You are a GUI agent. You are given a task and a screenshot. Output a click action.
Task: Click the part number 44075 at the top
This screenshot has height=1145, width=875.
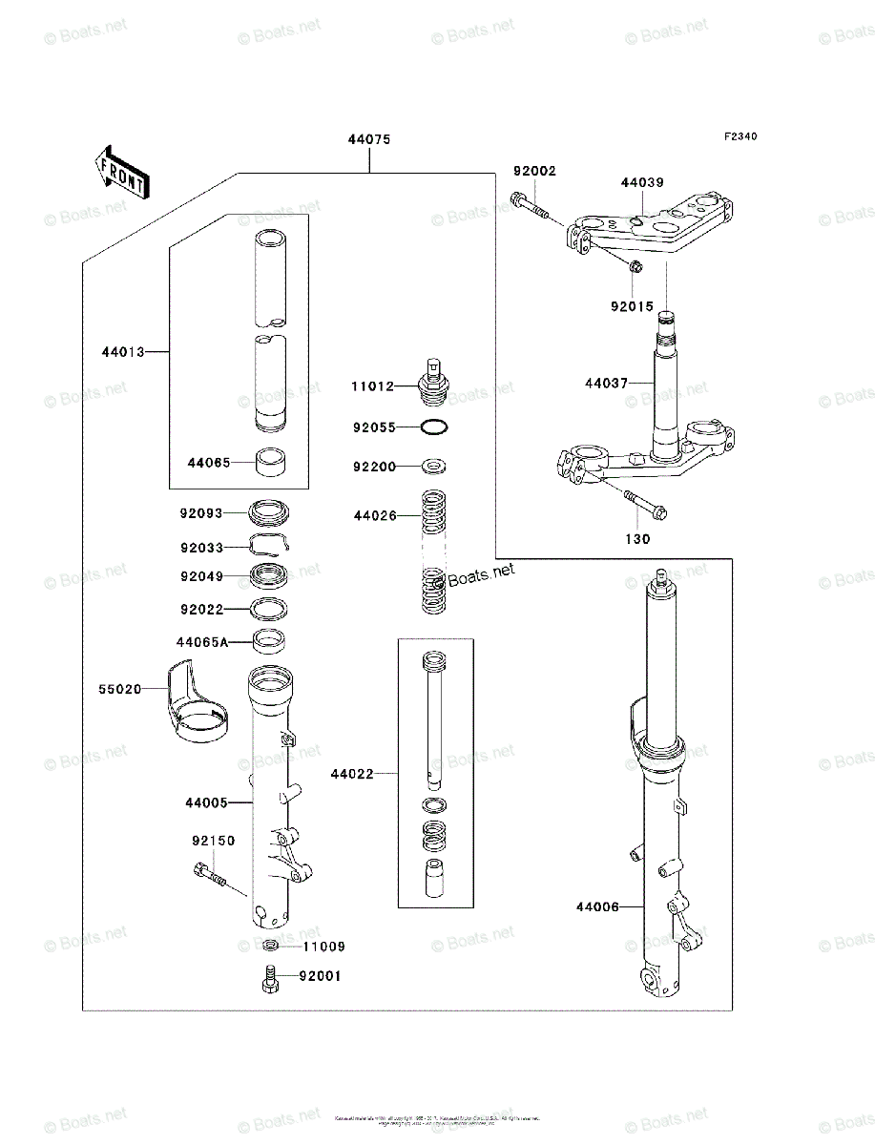coord(368,139)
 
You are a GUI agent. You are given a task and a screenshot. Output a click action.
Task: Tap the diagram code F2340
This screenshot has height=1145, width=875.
coord(740,137)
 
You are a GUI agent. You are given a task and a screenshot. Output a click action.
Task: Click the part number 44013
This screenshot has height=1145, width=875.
coord(123,352)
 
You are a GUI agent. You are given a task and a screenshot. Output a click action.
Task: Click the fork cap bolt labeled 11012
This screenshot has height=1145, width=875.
coord(434,382)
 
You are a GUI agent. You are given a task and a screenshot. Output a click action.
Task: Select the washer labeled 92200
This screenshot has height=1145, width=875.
coord(434,467)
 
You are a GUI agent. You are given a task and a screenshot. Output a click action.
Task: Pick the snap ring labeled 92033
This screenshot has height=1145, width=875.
coord(271,545)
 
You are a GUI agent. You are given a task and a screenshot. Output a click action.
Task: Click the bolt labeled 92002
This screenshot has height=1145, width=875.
coord(531,205)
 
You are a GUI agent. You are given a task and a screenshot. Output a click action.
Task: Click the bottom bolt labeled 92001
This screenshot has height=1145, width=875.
coord(268,979)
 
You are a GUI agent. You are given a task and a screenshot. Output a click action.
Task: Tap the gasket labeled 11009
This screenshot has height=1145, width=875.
coord(271,946)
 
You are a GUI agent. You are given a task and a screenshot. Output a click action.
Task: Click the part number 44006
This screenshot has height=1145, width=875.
coord(597,906)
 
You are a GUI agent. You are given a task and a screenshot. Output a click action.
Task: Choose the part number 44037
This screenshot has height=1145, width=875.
coord(607,384)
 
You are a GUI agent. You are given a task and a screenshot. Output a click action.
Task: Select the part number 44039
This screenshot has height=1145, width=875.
coord(642,182)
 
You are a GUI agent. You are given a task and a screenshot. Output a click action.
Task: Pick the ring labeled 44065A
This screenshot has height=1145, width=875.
coord(271,640)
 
